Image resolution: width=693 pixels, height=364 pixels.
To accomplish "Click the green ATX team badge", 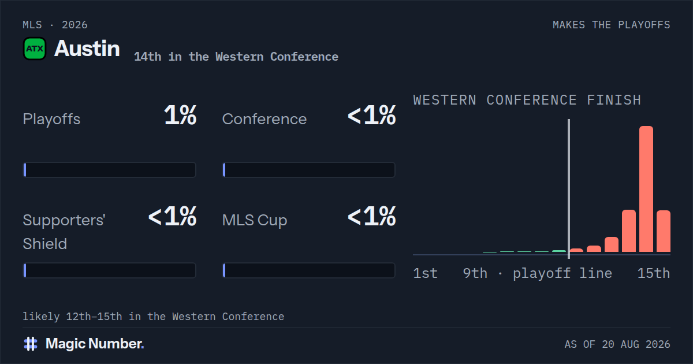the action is (35, 49).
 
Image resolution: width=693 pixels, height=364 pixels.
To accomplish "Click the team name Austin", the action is (87, 49).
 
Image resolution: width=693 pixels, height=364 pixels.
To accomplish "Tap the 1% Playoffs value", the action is (180, 115).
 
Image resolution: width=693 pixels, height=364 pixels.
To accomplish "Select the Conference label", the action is (264, 119).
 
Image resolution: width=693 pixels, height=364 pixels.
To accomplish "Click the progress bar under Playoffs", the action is (110, 170).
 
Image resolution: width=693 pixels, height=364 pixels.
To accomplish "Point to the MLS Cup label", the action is (255, 220).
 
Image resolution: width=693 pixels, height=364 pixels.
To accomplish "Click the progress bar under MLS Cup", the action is (309, 270).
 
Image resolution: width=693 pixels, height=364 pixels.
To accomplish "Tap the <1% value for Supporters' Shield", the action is (172, 216).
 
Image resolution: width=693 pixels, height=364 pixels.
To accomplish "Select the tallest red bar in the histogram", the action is (646, 189).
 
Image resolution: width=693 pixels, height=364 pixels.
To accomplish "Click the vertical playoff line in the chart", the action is (569, 189).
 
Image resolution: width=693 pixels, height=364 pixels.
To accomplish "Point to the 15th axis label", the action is (653, 273).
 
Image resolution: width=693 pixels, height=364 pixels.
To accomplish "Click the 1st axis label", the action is (426, 273).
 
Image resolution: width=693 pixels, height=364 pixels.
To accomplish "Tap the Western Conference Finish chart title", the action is (527, 100).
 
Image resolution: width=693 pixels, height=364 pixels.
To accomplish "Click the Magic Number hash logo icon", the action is (31, 344).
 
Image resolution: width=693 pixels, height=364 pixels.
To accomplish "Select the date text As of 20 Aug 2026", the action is (617, 344).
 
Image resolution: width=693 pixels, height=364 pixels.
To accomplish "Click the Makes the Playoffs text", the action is (612, 25).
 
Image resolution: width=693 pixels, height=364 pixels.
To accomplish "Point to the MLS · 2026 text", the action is (55, 25).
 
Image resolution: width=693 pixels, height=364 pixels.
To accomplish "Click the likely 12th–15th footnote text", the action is (154, 317).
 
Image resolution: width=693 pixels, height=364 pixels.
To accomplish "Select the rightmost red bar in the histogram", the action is (664, 231).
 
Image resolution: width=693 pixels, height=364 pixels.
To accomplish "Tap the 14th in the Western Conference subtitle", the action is (236, 57).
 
